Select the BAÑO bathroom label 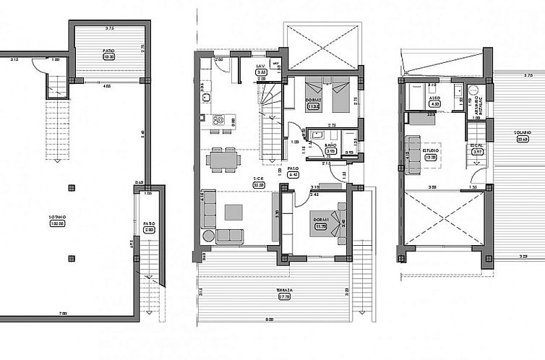click(328, 147)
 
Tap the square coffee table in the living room click(234, 212)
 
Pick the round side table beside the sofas click(207, 236)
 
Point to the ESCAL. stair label click(477, 147)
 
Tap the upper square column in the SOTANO click(70, 188)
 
